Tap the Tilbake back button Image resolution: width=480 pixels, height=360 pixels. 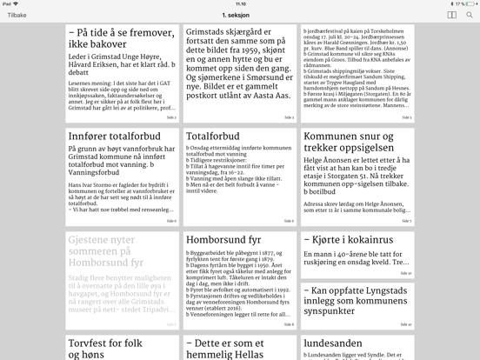coord(15,15)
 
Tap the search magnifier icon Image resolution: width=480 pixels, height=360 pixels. coord(470,15)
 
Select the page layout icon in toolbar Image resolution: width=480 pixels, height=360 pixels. coord(451,15)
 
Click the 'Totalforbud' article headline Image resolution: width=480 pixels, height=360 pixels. coord(212,137)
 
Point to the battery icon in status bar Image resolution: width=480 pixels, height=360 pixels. coord(468,3)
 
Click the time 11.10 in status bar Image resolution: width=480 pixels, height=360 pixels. coord(239,3)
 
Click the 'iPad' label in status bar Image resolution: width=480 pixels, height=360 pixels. coord(8,3)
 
